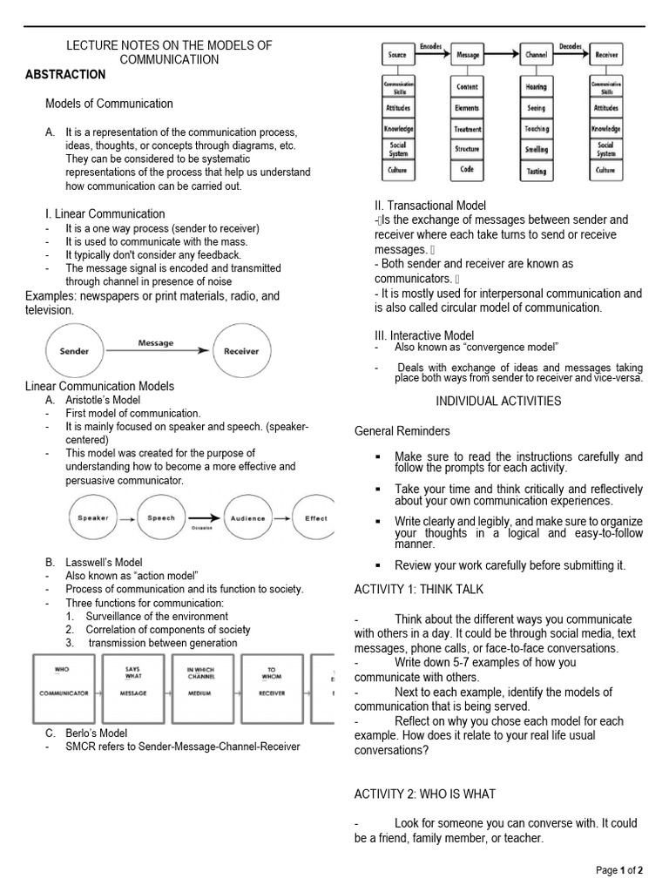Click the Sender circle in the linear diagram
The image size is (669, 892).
coord(74,352)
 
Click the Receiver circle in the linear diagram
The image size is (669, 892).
coord(241,352)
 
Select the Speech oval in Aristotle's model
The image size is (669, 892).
coord(159,517)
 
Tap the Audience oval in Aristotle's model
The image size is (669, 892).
coord(247,517)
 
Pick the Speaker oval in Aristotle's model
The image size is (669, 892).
coord(93,517)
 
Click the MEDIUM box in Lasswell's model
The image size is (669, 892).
coord(202,688)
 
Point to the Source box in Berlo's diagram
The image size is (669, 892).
coord(397,55)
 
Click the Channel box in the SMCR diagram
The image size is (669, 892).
coord(537,55)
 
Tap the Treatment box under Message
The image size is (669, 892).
coord(467,129)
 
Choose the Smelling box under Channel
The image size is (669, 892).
coord(537,150)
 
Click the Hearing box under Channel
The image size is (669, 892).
coord(537,87)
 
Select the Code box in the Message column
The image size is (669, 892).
coord(467,170)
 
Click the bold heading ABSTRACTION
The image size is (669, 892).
coord(65,74)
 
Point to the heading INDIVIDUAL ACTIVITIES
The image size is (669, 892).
coord(498,401)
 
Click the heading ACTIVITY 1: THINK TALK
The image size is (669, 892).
coord(418,589)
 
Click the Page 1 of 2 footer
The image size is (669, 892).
coord(619,870)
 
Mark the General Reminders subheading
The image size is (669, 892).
coord(402,430)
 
